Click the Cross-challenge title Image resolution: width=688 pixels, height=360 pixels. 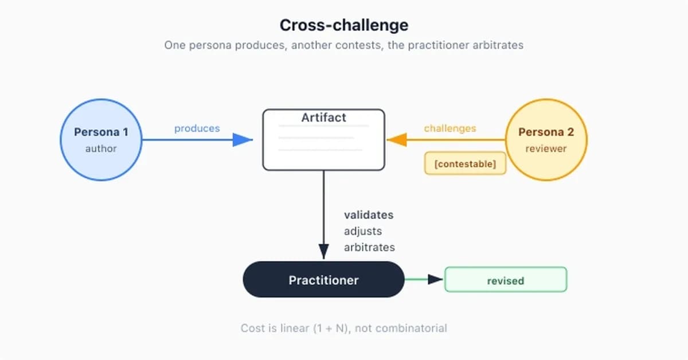tap(343, 25)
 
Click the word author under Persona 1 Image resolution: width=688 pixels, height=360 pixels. tap(101, 148)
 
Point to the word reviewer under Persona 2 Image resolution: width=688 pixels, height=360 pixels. tap(546, 148)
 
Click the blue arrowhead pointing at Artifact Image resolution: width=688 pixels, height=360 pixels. tap(243, 140)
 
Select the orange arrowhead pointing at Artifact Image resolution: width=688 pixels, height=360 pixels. tap(397, 140)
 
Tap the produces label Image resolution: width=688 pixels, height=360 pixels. tap(197, 128)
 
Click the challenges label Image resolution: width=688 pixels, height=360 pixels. tap(450, 128)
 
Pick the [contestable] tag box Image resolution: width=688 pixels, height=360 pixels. tap(465, 163)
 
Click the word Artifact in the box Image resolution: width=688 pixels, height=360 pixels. tap(324, 118)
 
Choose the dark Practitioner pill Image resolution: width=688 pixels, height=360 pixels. tap(323, 280)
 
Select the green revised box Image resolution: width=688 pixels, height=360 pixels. tap(506, 280)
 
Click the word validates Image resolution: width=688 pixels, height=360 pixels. tap(369, 215)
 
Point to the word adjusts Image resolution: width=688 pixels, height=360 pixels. tap(363, 231)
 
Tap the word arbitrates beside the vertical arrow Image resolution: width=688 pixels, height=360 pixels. tap(369, 247)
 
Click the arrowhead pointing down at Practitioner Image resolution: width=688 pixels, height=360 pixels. tap(324, 252)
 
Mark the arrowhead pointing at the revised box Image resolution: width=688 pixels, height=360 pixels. tap(435, 279)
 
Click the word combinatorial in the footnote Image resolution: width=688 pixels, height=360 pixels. tap(411, 328)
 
